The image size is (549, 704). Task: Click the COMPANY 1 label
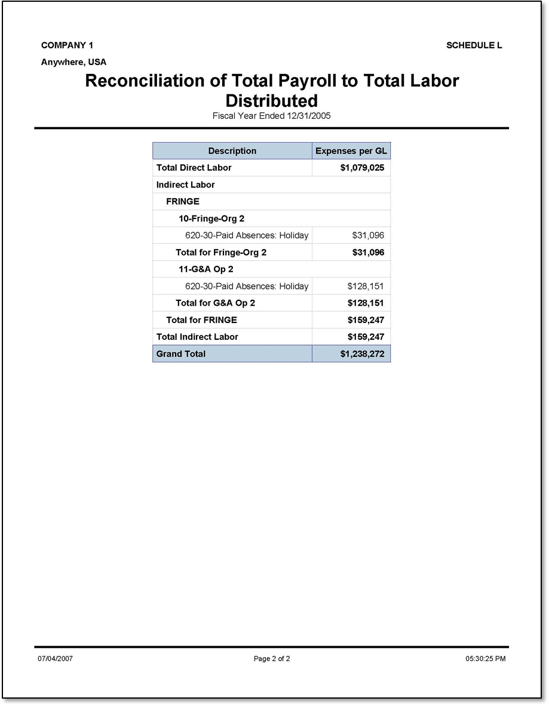[x=67, y=45]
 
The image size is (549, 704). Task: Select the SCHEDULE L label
[x=474, y=45]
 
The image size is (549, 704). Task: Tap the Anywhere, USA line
[x=73, y=62]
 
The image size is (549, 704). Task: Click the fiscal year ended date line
[x=271, y=116]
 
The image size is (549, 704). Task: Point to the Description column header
[x=232, y=151]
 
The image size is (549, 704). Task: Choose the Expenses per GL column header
[x=351, y=151]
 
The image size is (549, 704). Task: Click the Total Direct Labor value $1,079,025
[x=362, y=168]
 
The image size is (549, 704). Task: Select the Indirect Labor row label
[x=185, y=185]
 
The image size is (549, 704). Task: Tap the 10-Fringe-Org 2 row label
[x=211, y=219]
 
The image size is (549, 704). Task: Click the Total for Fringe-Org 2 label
[x=221, y=253]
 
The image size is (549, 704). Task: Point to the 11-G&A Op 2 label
[x=206, y=269]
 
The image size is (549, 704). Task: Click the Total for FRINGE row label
[x=201, y=320]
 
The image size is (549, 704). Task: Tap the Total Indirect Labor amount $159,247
[x=366, y=337]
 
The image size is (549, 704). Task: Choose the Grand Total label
[x=180, y=354]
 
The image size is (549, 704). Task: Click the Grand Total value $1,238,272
[x=362, y=354]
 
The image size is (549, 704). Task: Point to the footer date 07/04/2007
[x=55, y=659]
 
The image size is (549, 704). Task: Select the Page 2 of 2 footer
[x=272, y=659]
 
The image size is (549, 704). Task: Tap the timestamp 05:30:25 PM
[x=485, y=659]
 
